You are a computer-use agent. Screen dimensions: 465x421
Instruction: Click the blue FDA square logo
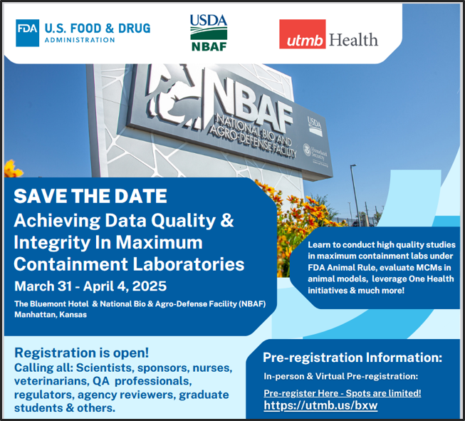pos(27,33)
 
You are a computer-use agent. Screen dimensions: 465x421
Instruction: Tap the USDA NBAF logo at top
pos(209,33)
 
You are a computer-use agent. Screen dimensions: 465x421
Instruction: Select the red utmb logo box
pos(302,34)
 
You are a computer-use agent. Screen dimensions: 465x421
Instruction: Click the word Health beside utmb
pos(353,40)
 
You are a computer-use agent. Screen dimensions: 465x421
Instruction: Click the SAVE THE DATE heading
pos(90,196)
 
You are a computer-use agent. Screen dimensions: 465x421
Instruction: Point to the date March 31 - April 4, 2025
pos(90,286)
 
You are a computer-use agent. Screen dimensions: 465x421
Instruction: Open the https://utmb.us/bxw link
pos(320,405)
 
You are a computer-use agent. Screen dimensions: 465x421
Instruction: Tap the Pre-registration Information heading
pos(352,358)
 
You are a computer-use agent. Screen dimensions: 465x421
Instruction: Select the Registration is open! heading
pos(82,353)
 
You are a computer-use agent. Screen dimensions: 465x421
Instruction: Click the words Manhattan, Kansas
pos(51,314)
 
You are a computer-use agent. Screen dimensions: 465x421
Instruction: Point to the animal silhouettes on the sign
pos(176,95)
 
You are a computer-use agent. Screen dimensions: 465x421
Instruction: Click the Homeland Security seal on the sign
pos(307,150)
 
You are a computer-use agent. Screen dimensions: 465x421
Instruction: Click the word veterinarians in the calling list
pos(51,381)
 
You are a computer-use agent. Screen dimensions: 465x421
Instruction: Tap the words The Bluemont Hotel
pos(51,303)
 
